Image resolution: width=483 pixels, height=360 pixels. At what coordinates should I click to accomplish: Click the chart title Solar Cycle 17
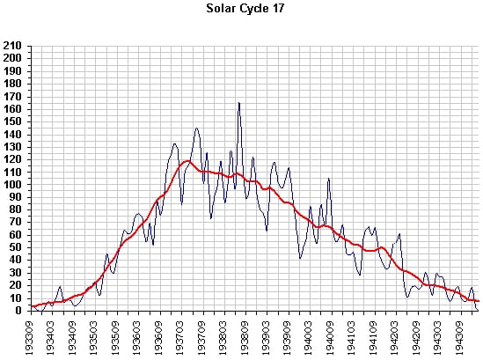pyautogui.click(x=245, y=9)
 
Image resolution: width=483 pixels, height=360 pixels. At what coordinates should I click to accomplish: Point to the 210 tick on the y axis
pyautogui.click(x=12, y=46)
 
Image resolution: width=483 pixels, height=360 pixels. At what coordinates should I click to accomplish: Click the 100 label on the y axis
pyautogui.click(x=12, y=185)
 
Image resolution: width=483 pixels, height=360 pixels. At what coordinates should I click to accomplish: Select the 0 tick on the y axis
pyautogui.click(x=18, y=311)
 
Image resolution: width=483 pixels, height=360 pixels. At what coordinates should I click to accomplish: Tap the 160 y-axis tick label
pyautogui.click(x=12, y=109)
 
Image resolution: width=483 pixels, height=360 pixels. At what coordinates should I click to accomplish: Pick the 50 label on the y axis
pyautogui.click(x=16, y=248)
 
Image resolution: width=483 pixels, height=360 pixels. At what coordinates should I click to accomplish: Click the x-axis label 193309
pyautogui.click(x=32, y=338)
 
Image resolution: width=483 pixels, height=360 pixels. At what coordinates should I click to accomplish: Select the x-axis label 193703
pyautogui.click(x=182, y=338)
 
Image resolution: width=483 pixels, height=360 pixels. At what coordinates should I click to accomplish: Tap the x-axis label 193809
pyautogui.click(x=246, y=338)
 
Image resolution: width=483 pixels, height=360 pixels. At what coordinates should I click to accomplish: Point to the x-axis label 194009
pyautogui.click(x=332, y=338)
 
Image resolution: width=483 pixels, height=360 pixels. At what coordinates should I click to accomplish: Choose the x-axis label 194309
pyautogui.click(x=461, y=338)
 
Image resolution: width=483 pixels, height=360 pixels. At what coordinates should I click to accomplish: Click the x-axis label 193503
pyautogui.click(x=96, y=338)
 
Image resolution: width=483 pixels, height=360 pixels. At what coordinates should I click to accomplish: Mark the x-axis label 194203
pyautogui.click(x=397, y=338)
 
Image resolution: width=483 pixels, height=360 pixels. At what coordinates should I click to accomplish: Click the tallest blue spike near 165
pyautogui.click(x=239, y=103)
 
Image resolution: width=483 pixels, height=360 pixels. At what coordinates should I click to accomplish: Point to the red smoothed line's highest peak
pyautogui.click(x=187, y=161)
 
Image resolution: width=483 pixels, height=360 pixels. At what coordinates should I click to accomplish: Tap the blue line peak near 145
pyautogui.click(x=197, y=129)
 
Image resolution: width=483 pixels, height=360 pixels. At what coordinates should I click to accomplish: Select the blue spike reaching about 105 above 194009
pyautogui.click(x=329, y=179)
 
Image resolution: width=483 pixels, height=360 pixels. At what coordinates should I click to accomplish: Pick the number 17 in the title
pyautogui.click(x=278, y=8)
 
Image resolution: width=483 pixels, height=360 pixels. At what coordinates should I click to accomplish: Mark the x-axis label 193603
pyautogui.click(x=139, y=338)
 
